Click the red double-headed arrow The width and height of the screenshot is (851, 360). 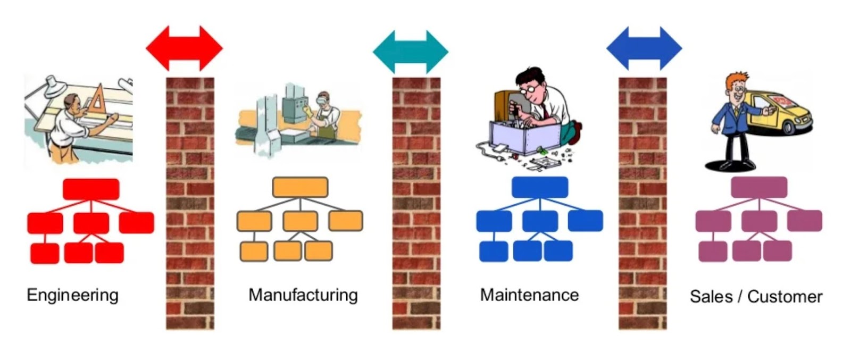click(184, 48)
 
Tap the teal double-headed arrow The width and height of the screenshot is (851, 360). click(411, 52)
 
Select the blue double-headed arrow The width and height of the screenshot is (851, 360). click(644, 48)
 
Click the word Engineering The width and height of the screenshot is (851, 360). click(72, 295)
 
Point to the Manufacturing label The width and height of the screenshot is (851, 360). click(303, 295)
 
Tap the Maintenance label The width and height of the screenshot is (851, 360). click(529, 295)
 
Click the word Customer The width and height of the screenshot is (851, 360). click(785, 297)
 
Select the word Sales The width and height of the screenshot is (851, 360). click(711, 296)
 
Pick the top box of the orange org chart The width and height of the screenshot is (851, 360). click(300, 187)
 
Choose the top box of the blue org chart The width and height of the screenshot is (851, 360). click(540, 187)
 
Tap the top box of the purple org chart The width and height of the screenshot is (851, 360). click(759, 187)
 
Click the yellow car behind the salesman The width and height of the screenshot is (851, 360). click(787, 114)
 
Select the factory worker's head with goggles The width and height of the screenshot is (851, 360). click(322, 99)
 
